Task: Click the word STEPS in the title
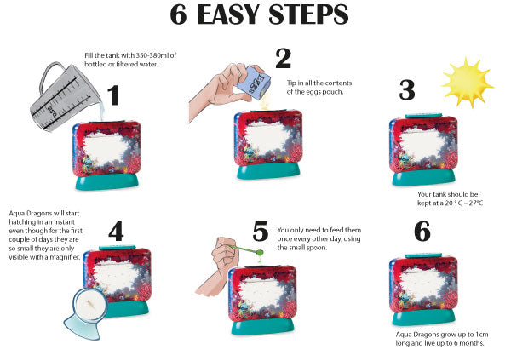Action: (308, 14)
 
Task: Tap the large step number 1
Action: (113, 95)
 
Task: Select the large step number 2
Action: (283, 58)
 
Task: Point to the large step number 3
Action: (407, 90)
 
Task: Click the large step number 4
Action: (116, 231)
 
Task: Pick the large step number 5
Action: (261, 232)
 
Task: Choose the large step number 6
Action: (422, 232)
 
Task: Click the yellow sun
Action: (468, 83)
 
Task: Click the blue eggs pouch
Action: (253, 82)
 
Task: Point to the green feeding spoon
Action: (248, 250)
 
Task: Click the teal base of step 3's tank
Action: (423, 177)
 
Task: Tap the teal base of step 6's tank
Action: (423, 317)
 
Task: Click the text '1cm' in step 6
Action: (482, 335)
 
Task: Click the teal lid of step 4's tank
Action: (117, 248)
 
